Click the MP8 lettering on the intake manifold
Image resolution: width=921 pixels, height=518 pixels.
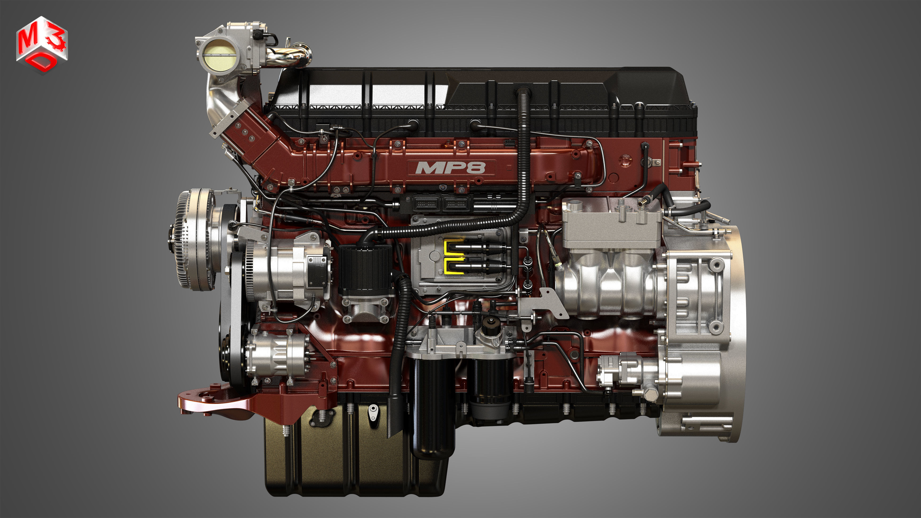click(451, 168)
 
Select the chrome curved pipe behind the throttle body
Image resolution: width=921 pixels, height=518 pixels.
click(290, 57)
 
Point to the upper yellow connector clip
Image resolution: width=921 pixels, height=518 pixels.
click(453, 247)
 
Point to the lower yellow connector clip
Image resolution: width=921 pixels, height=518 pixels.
click(453, 266)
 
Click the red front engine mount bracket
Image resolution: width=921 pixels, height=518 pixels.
click(229, 404)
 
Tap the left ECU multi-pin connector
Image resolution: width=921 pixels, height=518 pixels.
click(426, 204)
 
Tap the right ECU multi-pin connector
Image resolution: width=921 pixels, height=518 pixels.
click(456, 204)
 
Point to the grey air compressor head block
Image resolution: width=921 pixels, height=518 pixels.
click(611, 223)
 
